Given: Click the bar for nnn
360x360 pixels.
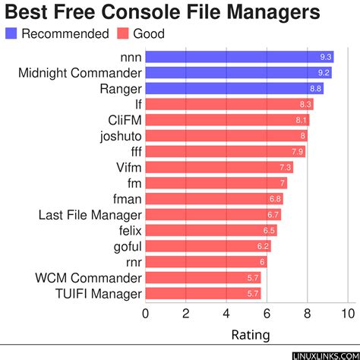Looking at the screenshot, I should point(239,57).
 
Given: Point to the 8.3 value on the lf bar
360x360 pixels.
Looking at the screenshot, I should point(306,104).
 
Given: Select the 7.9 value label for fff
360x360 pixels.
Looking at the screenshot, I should point(298,152).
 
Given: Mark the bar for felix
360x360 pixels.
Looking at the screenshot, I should point(210,230).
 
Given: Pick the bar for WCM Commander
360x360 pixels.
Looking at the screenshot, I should point(203,278).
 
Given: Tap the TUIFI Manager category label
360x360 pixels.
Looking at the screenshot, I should point(99,293).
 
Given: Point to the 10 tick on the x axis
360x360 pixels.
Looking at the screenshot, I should point(349,312).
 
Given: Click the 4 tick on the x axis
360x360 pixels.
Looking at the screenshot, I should point(226,312).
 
